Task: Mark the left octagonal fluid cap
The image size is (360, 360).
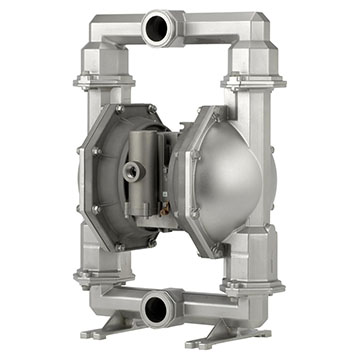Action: click(105, 178)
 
